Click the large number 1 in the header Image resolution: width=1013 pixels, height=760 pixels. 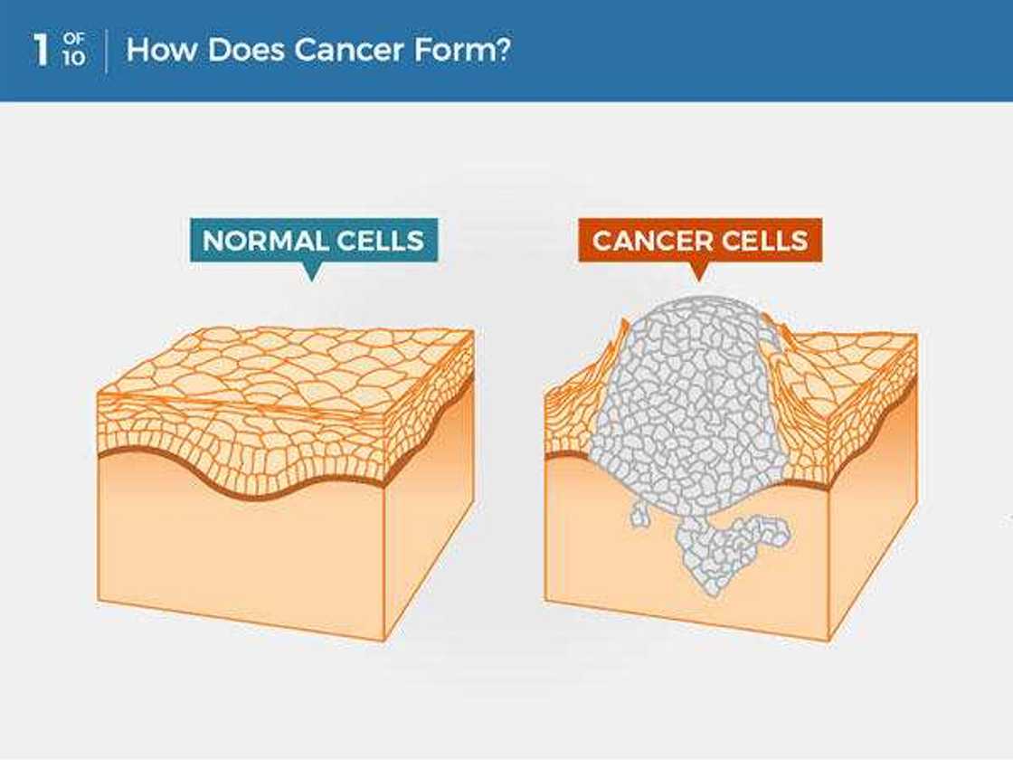pos(41,50)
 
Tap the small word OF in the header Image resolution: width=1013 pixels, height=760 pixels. pos(73,40)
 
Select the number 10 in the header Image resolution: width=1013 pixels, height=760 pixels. pos(73,58)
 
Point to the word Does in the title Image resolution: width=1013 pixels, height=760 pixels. pos(246,50)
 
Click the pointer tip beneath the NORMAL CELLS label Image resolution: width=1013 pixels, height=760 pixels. pos(312,280)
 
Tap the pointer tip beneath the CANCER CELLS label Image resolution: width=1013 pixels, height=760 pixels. pos(698,280)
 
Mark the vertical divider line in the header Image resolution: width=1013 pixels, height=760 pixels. pos(106,51)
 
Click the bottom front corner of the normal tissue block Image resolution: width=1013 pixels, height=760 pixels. pos(384,641)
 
